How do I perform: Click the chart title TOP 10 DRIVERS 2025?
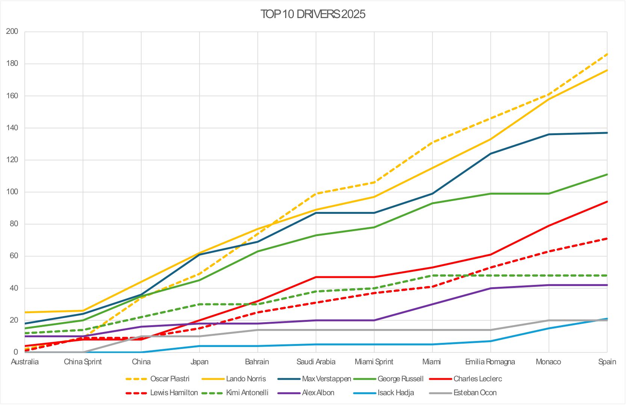coord(313,14)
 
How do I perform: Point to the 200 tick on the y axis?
coord(12,32)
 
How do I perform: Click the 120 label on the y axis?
coord(12,160)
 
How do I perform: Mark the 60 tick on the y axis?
coord(14,256)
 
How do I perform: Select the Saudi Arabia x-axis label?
coord(316,362)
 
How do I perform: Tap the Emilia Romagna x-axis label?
coord(490,362)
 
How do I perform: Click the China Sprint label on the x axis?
coord(83,362)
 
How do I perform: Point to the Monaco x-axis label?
coord(548,362)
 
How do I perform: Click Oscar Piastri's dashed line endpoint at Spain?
coord(607,54)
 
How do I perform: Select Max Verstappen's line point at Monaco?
coord(549,134)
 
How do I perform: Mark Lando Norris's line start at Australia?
coord(25,312)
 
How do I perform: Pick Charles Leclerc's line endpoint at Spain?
coord(607,202)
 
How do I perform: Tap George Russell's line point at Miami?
coord(432,203)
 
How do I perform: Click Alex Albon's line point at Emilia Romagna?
coord(491,288)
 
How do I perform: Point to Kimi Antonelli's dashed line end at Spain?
coord(607,276)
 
